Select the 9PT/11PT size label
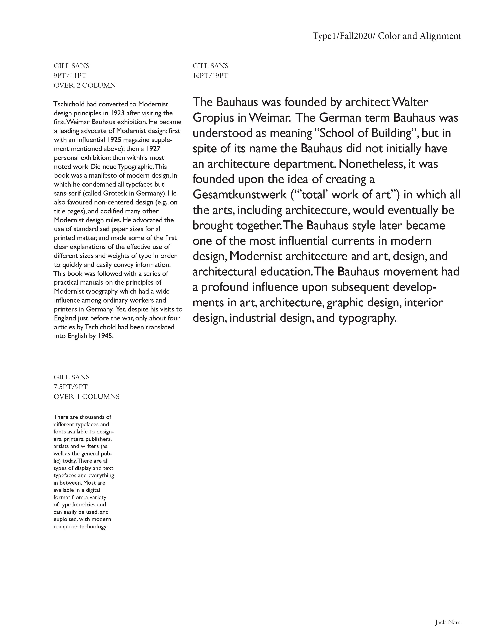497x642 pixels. pos(70,75)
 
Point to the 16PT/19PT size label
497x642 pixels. pos(210,75)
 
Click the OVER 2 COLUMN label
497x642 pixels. pos(85,85)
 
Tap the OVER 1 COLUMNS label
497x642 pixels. pos(86,396)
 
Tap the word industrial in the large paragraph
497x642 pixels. pos(252,318)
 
